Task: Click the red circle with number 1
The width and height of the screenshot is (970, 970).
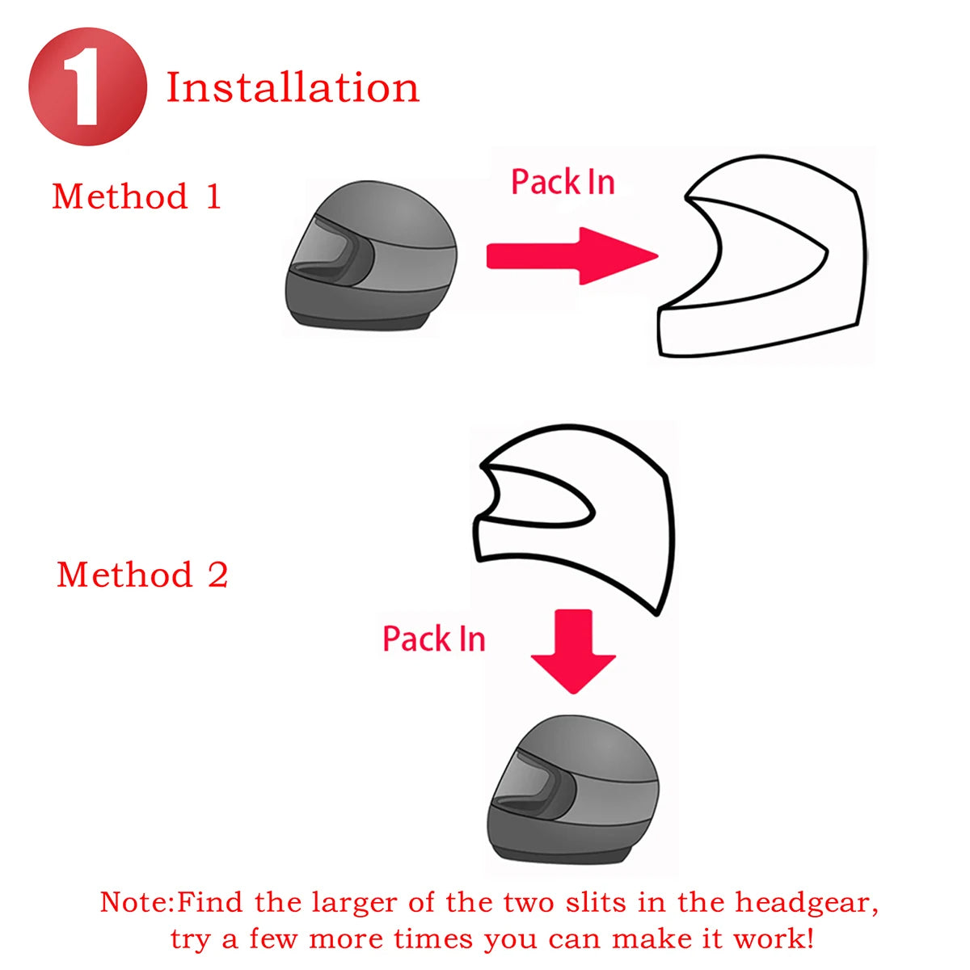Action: (87, 86)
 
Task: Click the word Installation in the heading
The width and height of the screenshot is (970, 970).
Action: (293, 87)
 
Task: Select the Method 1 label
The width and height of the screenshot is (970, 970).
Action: (137, 196)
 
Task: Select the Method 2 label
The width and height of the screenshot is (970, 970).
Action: (142, 575)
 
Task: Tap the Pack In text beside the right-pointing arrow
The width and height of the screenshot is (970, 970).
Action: (563, 182)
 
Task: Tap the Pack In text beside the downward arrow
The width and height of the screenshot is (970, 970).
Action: (434, 639)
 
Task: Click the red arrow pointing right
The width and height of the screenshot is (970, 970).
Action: (571, 256)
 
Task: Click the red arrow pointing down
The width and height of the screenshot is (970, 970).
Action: (573, 650)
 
